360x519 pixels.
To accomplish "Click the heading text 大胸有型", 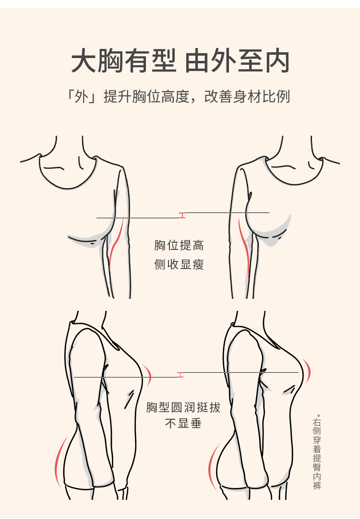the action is [124, 61].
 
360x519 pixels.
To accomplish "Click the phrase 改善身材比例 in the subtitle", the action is [247, 96].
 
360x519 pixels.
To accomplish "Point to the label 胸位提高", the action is [179, 246].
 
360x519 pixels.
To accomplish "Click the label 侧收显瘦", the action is [179, 264].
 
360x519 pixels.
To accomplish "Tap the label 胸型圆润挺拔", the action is [183, 408].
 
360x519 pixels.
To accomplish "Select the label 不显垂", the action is [183, 424].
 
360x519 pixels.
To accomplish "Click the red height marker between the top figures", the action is [181, 215].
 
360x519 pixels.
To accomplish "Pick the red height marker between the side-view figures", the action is [180, 374].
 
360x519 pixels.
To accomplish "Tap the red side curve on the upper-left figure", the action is [116, 245].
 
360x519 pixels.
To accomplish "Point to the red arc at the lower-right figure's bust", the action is [307, 372].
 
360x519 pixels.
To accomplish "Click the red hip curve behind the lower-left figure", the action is [59, 460].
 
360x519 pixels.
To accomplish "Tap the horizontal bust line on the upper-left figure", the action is [139, 218].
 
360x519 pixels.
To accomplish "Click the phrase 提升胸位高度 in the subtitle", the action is [146, 96].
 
